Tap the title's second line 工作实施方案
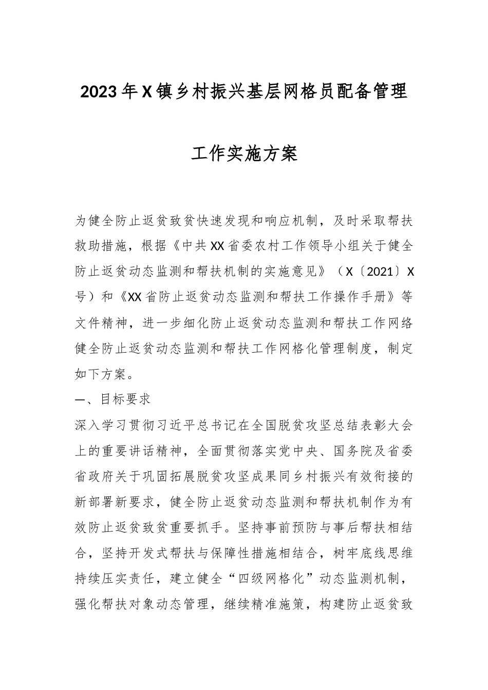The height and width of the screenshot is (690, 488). pos(244,153)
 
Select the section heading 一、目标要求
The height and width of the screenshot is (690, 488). pos(112,399)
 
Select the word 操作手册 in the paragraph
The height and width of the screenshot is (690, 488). pos(367,297)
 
